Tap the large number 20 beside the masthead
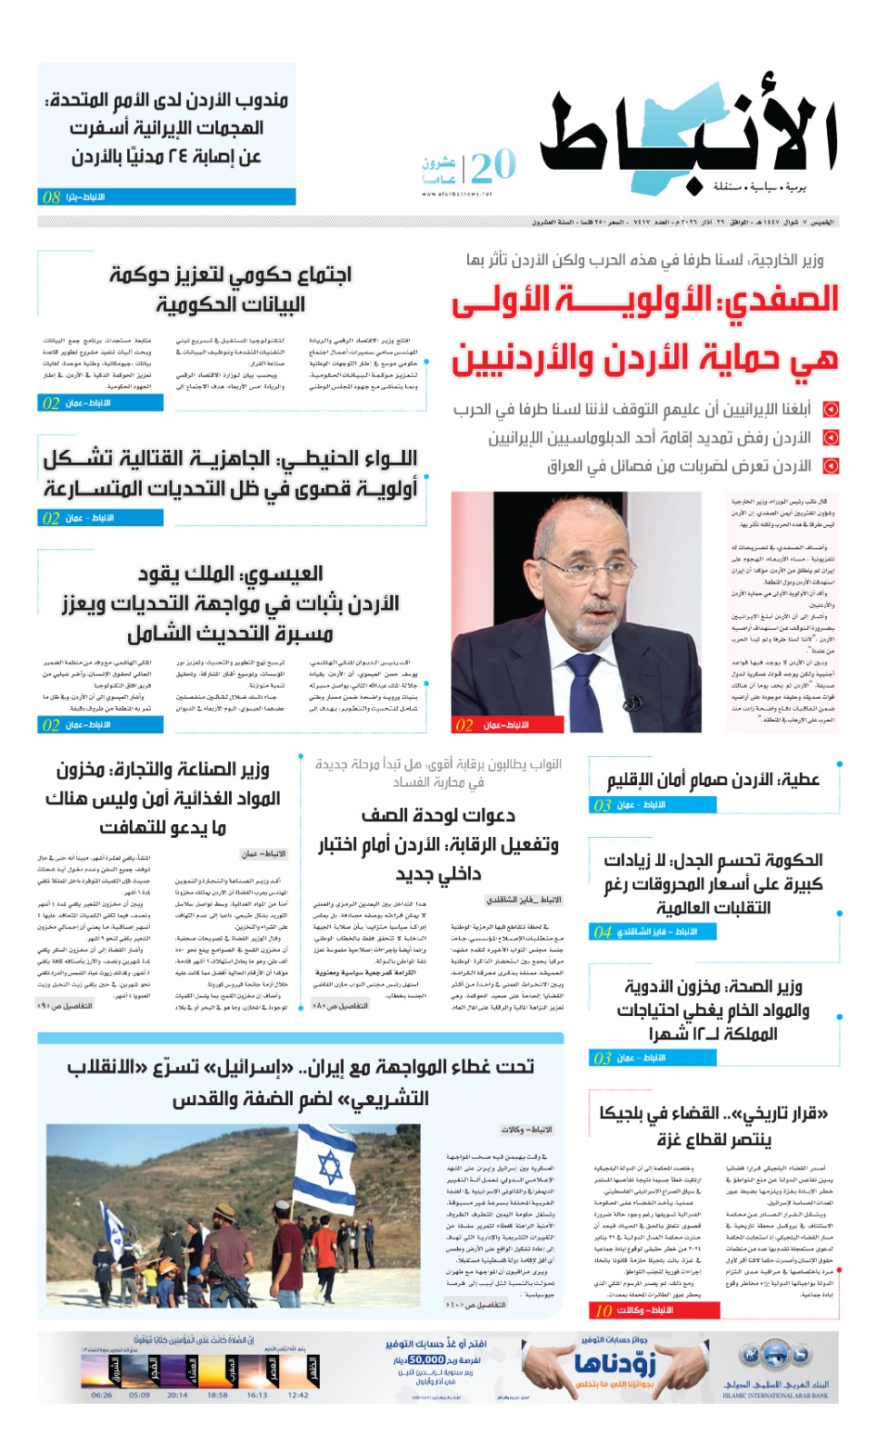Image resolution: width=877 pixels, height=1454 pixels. [x=493, y=166]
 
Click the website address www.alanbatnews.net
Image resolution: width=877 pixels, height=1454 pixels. [x=457, y=194]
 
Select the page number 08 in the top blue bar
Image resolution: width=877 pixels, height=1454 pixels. [x=52, y=197]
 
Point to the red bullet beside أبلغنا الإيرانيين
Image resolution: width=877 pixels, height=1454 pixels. [x=830, y=409]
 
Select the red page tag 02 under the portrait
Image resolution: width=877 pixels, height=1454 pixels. [x=464, y=725]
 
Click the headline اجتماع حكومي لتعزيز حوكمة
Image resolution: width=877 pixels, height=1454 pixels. [x=231, y=274]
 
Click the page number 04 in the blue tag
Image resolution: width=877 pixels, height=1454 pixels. [x=603, y=931]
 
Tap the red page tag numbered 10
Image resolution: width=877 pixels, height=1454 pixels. [x=603, y=1310]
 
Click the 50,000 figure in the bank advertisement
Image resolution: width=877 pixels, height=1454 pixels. [x=426, y=1359]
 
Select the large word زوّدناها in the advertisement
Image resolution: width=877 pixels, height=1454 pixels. [x=614, y=1363]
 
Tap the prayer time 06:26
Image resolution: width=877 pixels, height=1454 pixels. [x=102, y=1394]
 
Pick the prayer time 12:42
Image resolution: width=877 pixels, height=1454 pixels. [x=298, y=1394]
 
